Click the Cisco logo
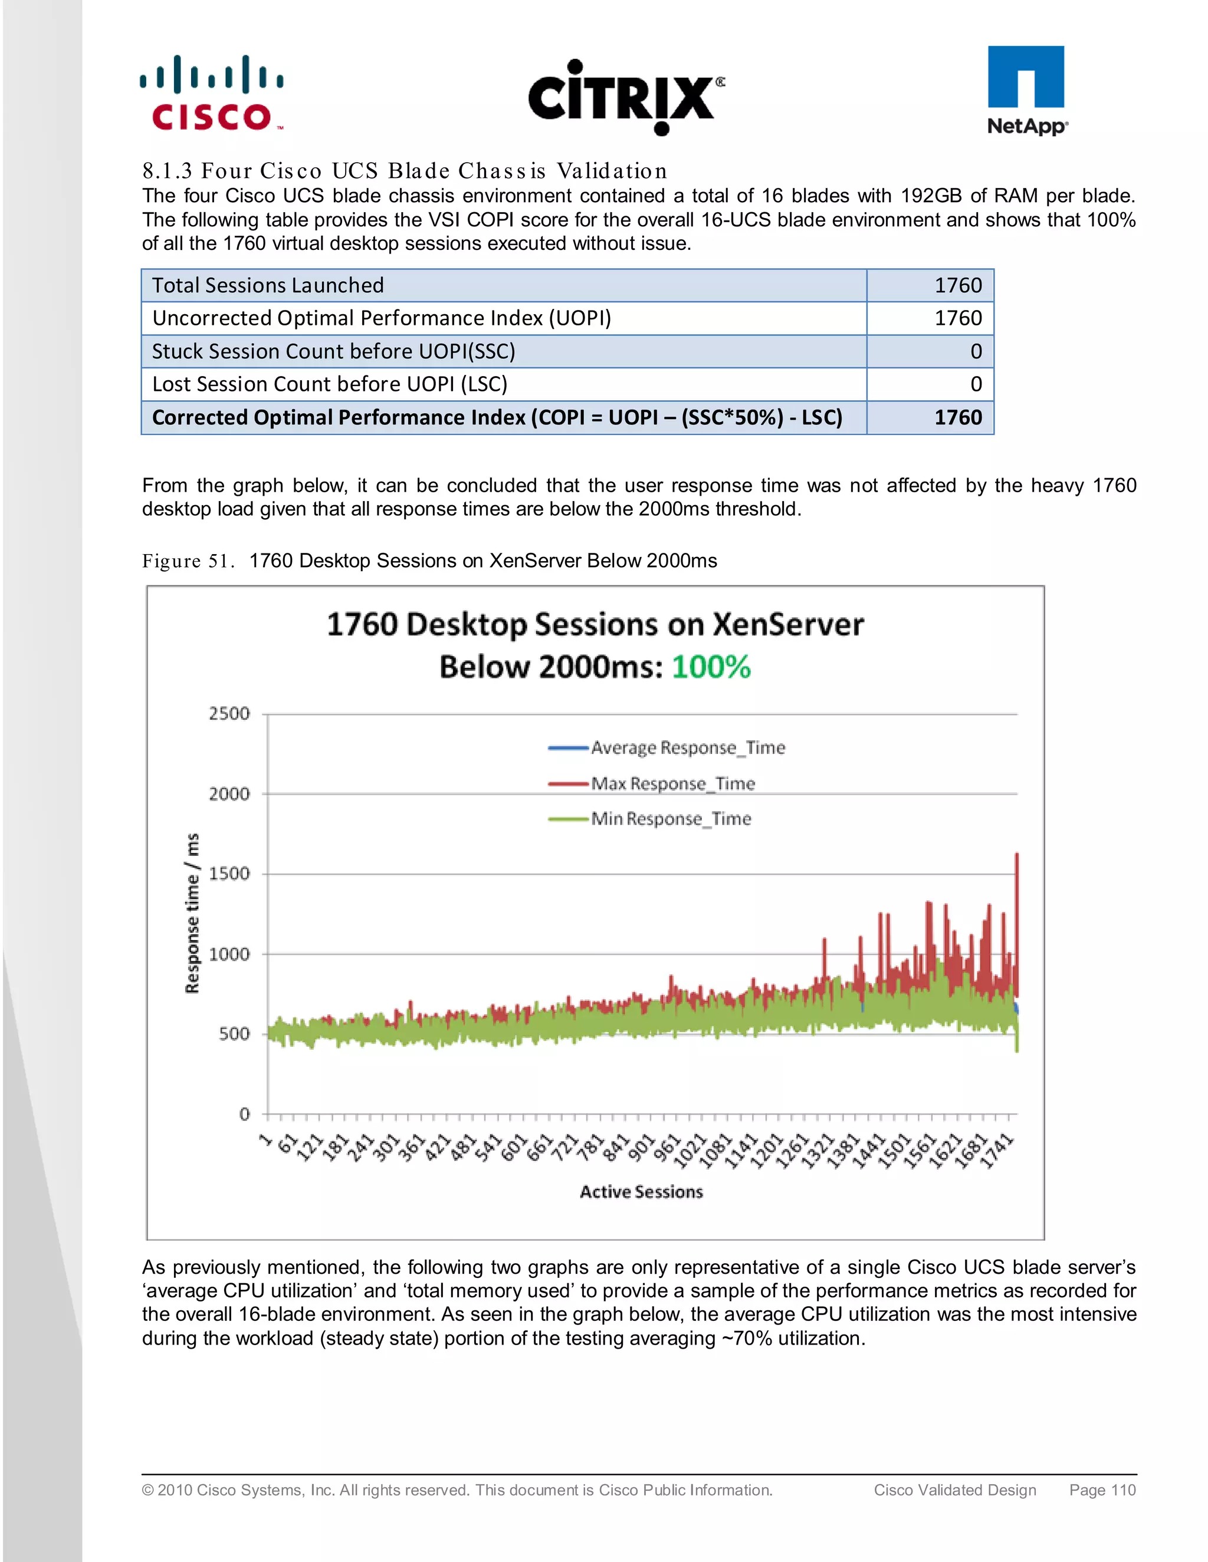pos(211,94)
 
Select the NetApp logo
pos(1026,91)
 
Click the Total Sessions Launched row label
pos(268,285)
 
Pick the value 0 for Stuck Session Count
pos(976,351)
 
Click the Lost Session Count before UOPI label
pos(329,384)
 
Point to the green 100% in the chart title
pos(711,667)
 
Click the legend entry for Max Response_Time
pos(672,784)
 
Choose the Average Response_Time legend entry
pos(687,748)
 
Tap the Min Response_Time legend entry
pos(671,819)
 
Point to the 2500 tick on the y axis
pos(229,713)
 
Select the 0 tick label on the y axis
pos(244,1113)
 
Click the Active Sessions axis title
pos(641,1191)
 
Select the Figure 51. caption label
pos(188,561)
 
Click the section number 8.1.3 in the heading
pos(167,171)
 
